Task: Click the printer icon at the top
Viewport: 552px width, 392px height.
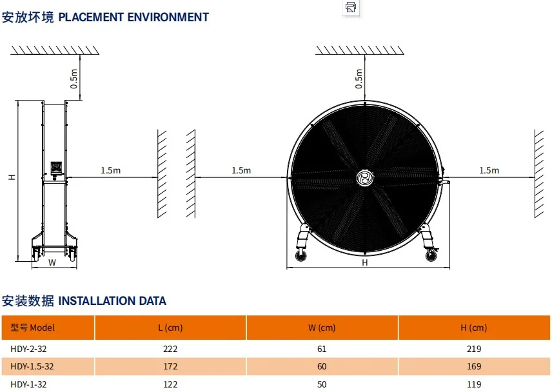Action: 351,8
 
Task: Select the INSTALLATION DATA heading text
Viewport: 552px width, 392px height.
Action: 112,300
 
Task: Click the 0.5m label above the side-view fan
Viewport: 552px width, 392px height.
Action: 74,78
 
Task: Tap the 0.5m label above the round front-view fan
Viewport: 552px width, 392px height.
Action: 359,78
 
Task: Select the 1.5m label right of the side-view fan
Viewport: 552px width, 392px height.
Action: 110,170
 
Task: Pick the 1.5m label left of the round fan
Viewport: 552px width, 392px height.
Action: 241,170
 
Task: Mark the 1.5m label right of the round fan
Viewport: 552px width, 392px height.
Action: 489,170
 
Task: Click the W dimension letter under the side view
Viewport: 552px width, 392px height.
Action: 52,262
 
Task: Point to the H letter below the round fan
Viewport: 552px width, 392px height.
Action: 364,262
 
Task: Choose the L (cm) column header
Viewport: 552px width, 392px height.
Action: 170,328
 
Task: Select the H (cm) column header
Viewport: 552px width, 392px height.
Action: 473,328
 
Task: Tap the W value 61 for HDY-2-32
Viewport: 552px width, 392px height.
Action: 322,349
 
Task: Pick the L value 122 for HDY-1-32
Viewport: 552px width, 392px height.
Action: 170,384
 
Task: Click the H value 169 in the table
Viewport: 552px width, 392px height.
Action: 473,366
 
